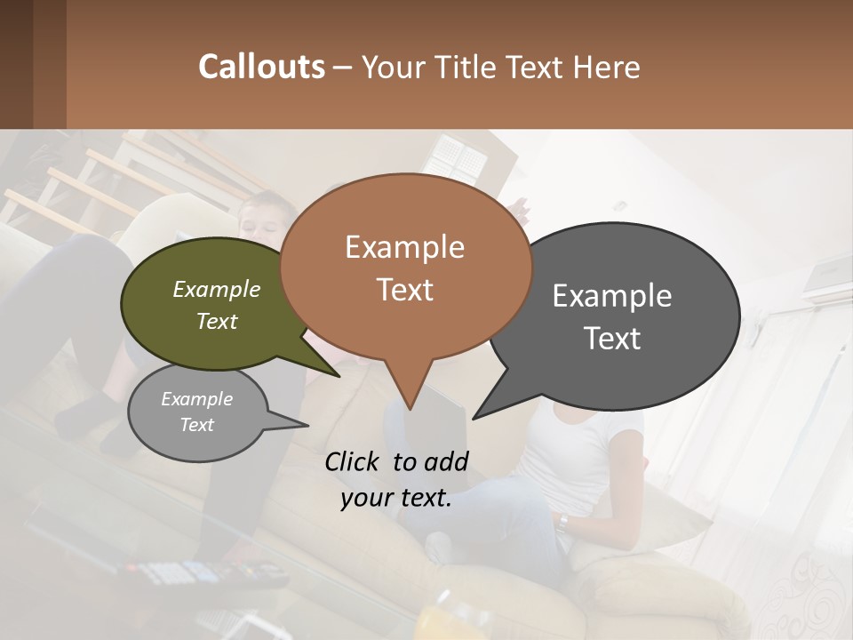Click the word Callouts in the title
click(261, 67)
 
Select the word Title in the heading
click(468, 67)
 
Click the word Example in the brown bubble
click(404, 247)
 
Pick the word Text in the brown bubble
click(404, 290)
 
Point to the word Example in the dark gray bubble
click(612, 296)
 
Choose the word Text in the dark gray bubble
click(612, 339)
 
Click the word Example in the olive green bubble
click(217, 289)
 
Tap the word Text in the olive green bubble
click(217, 321)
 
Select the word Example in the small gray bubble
click(197, 399)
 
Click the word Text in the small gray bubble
click(197, 425)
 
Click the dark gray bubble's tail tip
click(474, 418)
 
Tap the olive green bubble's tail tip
click(339, 376)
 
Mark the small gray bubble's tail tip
click(307, 425)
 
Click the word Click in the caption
click(355, 461)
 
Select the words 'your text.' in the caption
click(396, 498)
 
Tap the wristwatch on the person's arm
click(563, 522)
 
